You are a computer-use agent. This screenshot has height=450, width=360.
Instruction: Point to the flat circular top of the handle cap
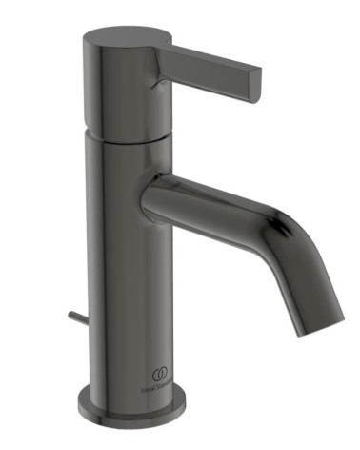coord(127,39)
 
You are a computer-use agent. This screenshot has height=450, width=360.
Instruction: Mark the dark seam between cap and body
coord(127,133)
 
